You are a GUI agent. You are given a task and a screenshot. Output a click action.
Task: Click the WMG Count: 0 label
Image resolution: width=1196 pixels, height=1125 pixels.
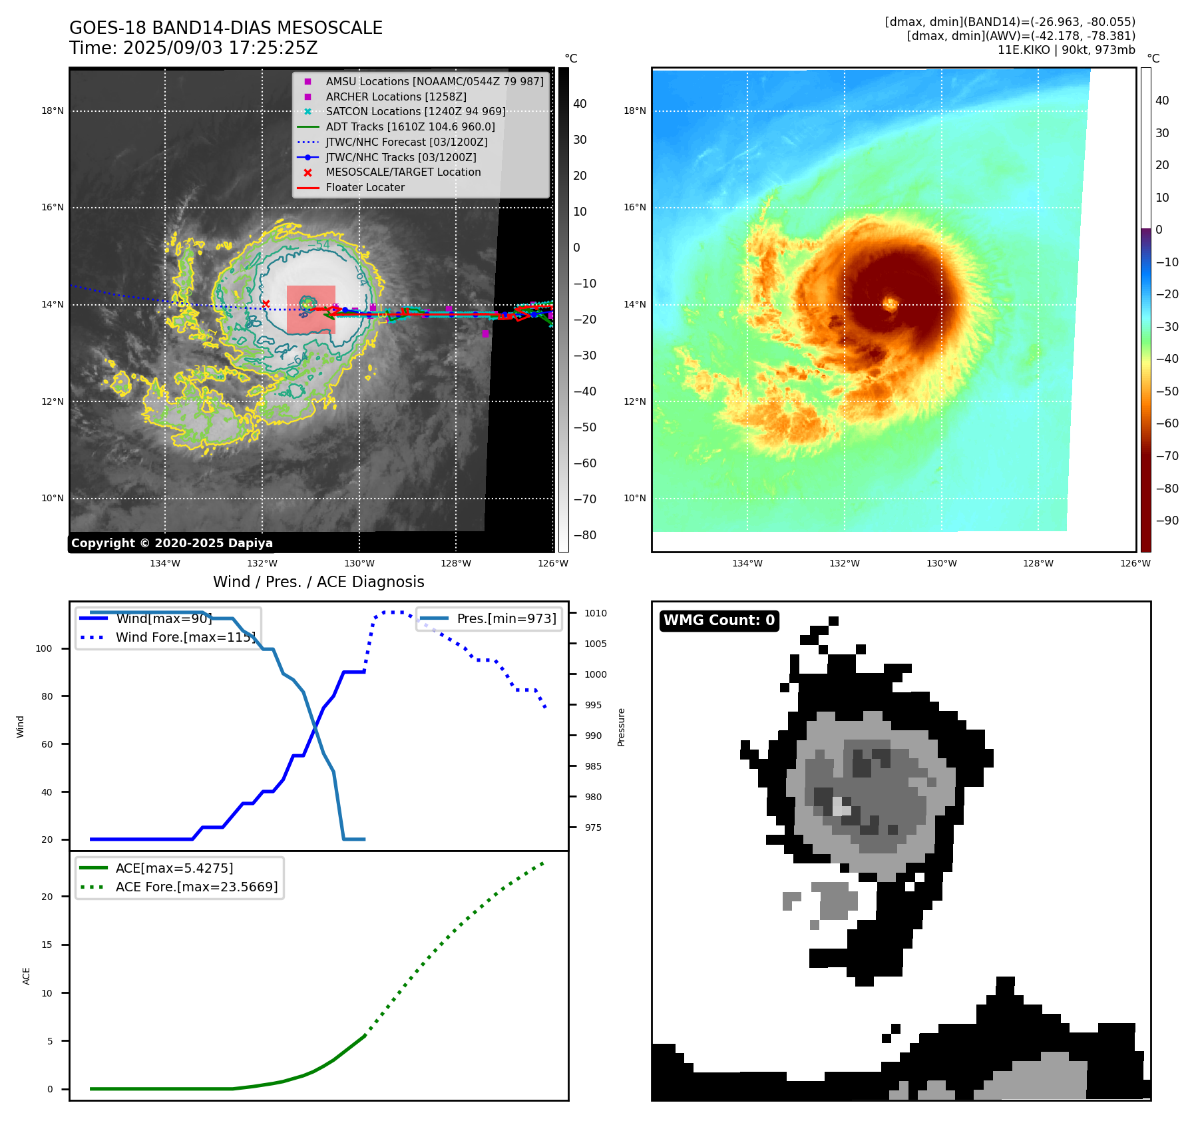point(719,620)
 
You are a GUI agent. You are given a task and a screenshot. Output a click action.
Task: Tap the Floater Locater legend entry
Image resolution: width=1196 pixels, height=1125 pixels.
point(365,187)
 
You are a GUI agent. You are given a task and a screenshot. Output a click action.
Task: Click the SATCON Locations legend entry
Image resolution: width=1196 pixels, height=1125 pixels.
point(415,111)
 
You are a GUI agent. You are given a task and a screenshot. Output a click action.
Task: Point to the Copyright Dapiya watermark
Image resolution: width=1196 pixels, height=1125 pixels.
point(172,543)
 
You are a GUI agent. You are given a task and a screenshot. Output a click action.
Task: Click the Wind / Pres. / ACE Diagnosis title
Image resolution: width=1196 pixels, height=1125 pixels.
point(318,582)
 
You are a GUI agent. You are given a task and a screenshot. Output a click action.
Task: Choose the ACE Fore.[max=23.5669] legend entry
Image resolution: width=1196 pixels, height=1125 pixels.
point(196,887)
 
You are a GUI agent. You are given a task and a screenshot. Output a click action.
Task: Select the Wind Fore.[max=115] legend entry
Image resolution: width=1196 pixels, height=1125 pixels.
point(185,637)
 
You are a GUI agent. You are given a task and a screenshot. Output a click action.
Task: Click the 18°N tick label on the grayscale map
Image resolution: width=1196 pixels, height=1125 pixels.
point(53,111)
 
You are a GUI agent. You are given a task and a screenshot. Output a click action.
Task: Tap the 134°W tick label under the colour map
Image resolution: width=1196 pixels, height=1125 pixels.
point(747,563)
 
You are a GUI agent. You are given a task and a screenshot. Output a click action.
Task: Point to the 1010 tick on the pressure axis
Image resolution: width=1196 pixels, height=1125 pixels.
point(596,613)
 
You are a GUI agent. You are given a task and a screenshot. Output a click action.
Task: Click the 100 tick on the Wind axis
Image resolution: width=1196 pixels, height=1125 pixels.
point(43,648)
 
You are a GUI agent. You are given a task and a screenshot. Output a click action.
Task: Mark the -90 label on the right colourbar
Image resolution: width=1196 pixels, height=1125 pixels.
point(1167,521)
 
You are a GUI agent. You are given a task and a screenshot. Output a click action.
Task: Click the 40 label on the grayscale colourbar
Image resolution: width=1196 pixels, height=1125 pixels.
point(580,104)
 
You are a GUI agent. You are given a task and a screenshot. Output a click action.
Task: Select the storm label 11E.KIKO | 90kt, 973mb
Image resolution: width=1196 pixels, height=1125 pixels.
point(1066,50)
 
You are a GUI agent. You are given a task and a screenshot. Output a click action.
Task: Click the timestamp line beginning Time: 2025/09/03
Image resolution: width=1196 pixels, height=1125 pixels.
point(193,49)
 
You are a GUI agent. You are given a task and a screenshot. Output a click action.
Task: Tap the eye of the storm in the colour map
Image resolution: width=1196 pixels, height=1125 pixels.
point(891,304)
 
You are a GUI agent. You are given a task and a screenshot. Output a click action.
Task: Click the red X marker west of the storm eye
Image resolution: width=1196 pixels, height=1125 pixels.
point(266,304)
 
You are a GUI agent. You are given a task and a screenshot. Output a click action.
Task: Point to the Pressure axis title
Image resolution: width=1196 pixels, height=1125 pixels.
point(621,727)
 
